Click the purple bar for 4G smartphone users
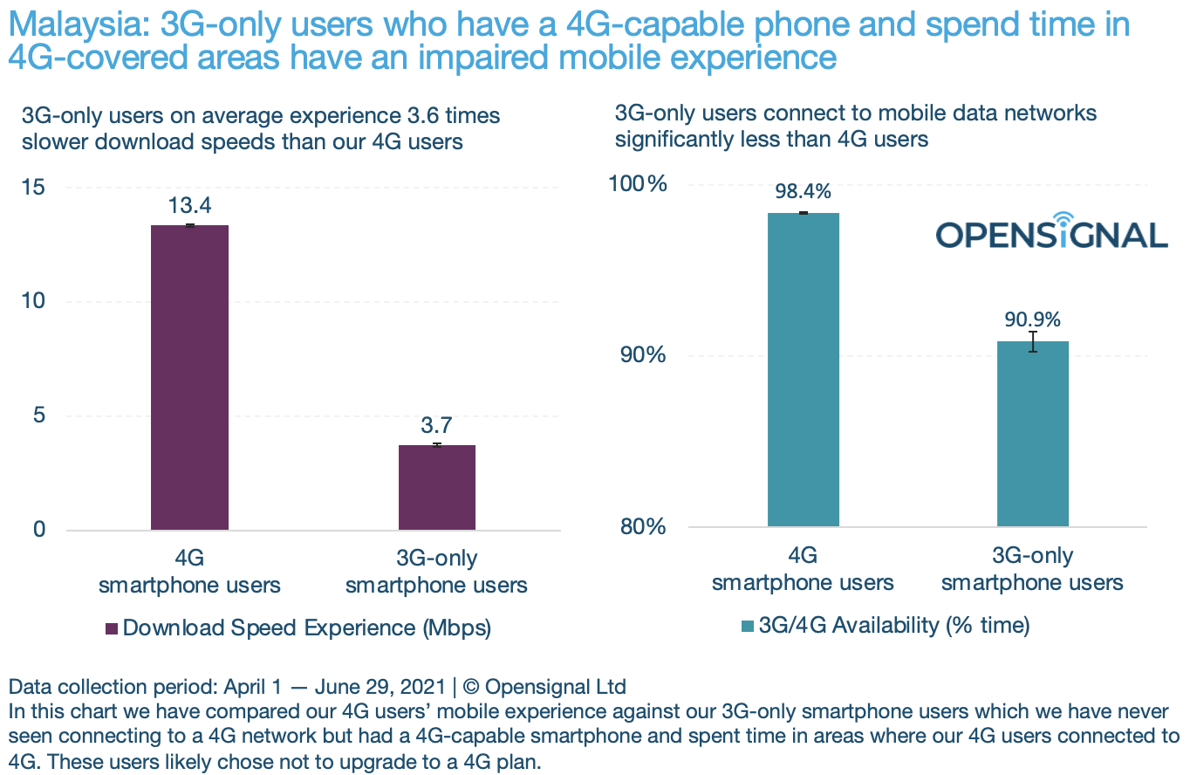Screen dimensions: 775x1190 [189, 377]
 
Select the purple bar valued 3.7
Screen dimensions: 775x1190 [437, 487]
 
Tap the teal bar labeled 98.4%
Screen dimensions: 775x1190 [803, 369]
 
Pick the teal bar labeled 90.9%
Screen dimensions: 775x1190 [1033, 433]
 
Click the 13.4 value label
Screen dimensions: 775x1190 [190, 206]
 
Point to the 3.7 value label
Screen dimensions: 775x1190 [437, 426]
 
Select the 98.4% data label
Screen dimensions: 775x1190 [803, 192]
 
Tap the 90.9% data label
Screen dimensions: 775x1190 [1033, 319]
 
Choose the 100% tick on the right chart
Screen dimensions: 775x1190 [644, 184]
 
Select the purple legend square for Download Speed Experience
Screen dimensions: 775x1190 [112, 628]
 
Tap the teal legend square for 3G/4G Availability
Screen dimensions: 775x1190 [748, 625]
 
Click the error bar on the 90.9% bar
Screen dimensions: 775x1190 [1033, 341]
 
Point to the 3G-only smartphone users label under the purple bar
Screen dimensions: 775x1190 [436, 572]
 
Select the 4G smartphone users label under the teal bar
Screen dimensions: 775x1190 [803, 569]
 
